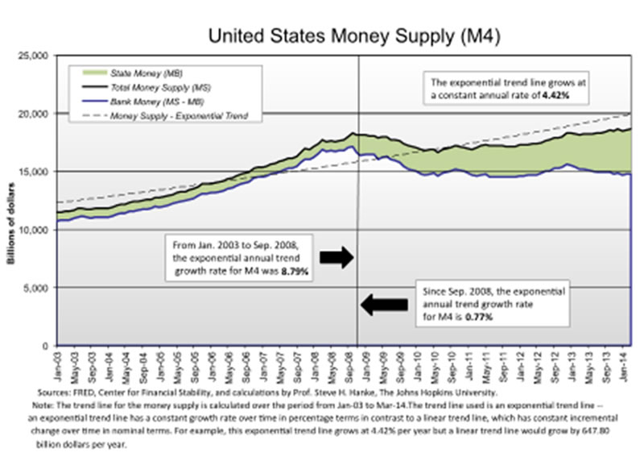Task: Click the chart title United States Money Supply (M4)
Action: (323, 36)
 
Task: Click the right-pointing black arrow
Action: (336, 258)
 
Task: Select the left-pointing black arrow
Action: (384, 304)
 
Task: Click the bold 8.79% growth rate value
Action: (295, 273)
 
